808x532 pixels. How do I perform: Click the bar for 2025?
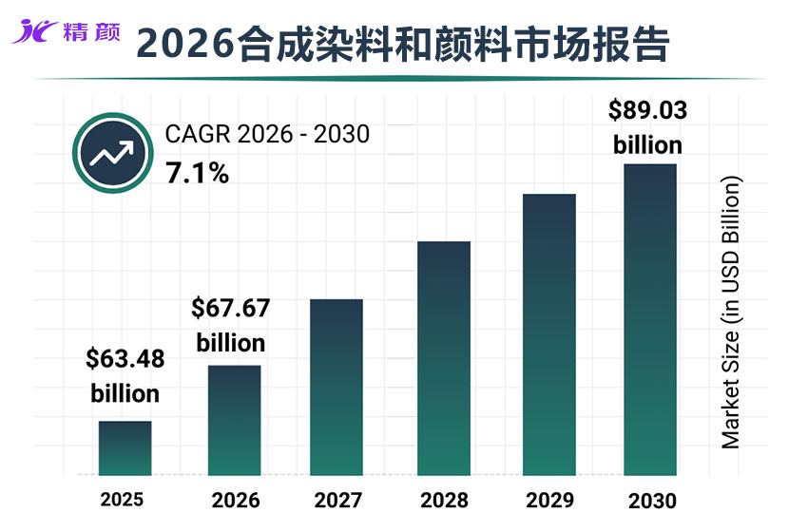125,447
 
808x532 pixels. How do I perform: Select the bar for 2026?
235,420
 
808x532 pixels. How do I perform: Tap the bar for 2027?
337,387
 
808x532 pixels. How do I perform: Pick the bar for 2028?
444,358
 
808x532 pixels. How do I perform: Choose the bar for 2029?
549,334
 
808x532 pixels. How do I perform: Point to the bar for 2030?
650,319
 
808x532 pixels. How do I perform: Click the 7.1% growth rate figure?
197,174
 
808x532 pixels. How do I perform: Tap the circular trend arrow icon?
111,153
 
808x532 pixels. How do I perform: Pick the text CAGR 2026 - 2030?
267,135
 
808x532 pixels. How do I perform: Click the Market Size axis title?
730,313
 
